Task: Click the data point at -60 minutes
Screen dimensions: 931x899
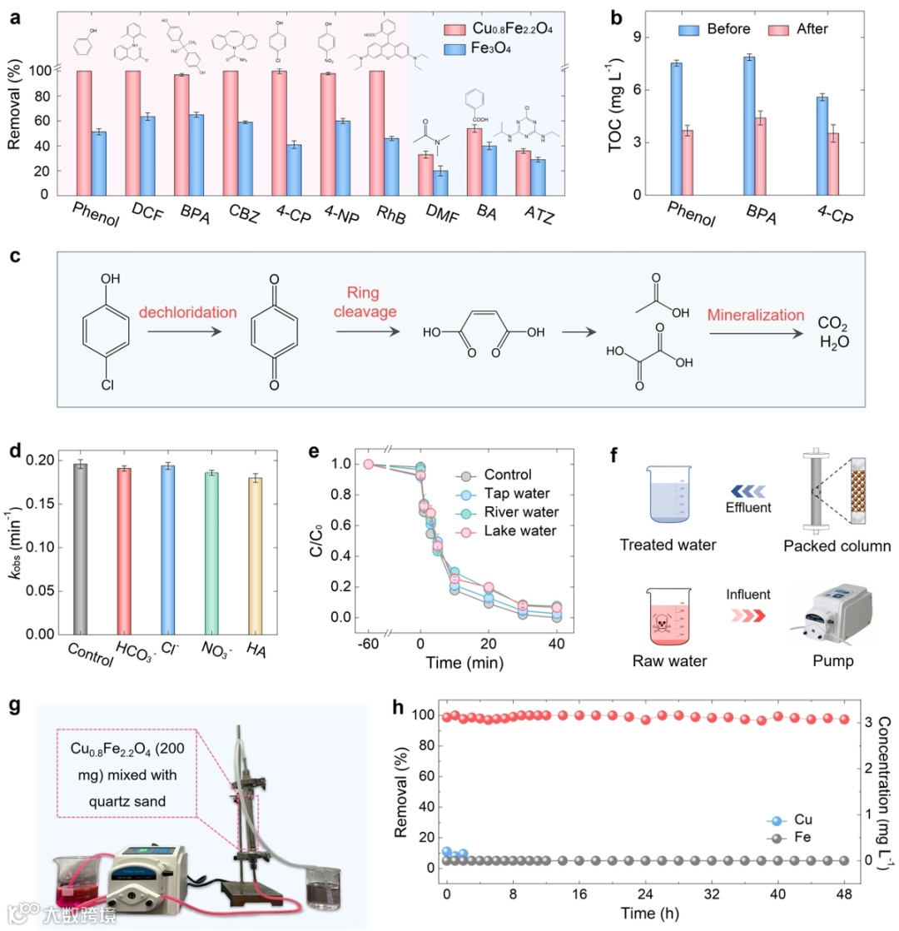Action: click(x=368, y=464)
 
